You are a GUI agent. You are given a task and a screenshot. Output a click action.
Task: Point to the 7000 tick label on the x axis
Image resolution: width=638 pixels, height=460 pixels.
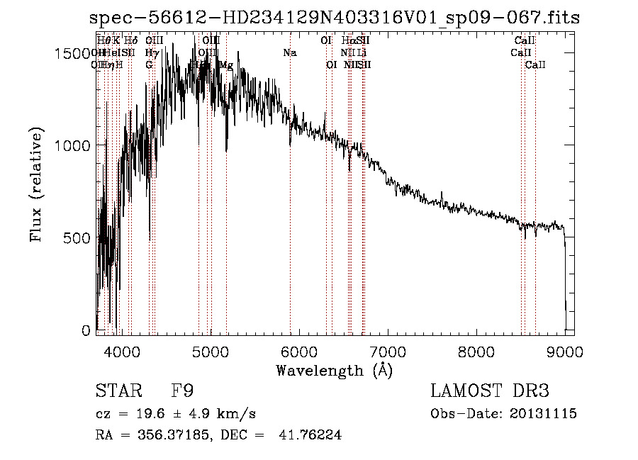(388, 351)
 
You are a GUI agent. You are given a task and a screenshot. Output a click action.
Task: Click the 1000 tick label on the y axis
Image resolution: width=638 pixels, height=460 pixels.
(70, 145)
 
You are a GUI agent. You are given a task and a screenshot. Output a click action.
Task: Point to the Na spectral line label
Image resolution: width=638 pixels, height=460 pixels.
(289, 52)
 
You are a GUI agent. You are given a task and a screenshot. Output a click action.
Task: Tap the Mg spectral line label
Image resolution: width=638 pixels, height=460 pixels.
(225, 64)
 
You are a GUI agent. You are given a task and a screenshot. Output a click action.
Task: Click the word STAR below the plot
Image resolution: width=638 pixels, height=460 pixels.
(118, 392)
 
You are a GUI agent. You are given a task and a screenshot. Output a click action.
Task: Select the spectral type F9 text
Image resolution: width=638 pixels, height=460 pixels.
(183, 392)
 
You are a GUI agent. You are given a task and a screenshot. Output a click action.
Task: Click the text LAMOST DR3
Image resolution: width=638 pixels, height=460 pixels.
(490, 391)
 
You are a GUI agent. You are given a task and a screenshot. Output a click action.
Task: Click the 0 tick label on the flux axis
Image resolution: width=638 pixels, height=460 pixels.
(86, 330)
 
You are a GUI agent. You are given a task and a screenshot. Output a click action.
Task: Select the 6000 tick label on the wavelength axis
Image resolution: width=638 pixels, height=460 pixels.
(299, 351)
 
